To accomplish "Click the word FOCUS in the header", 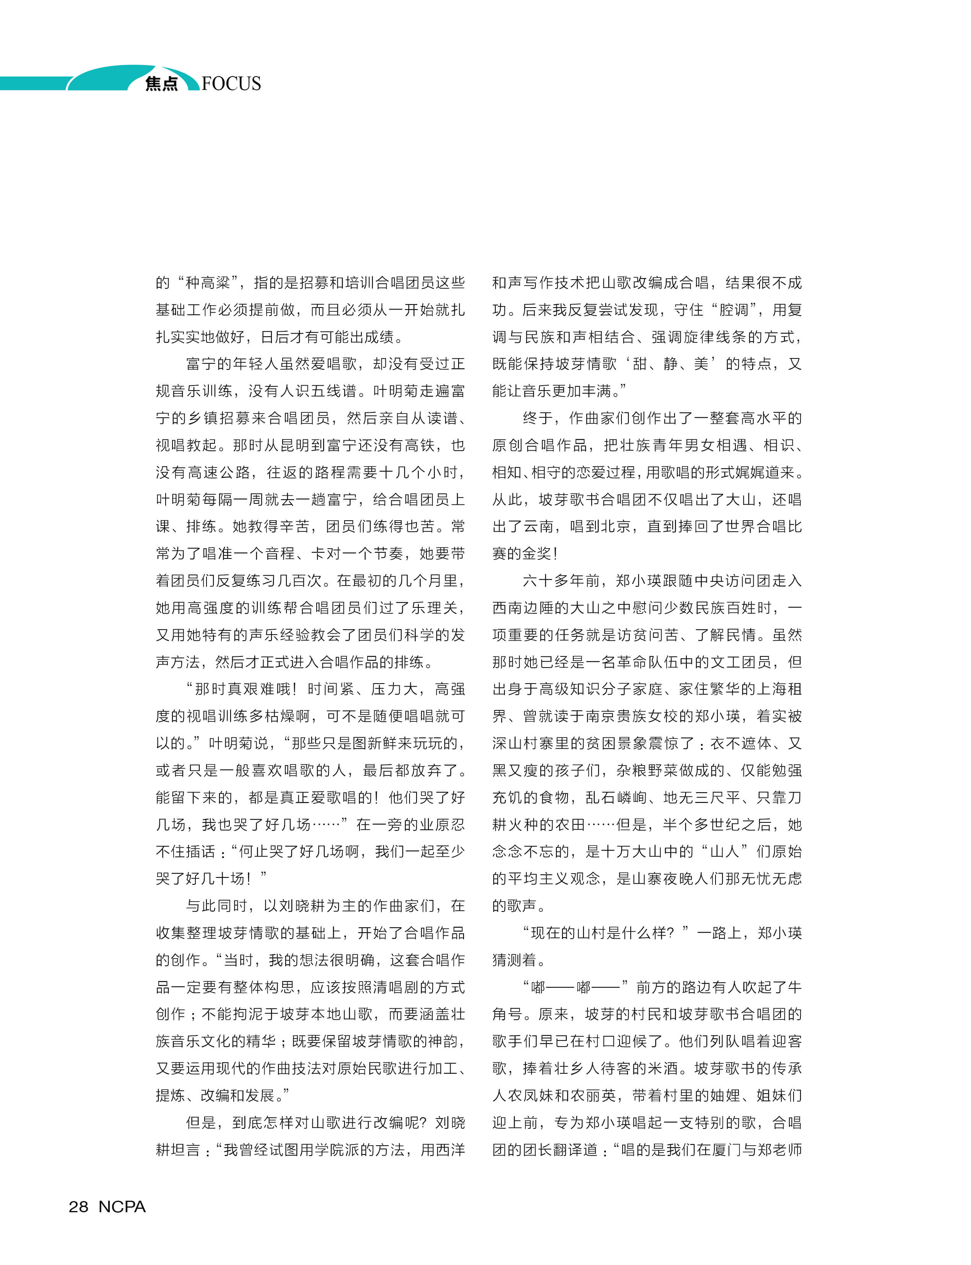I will pos(231,83).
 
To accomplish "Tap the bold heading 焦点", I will pos(162,84).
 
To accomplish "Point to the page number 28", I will pos(79,1206).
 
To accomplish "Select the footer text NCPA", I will pos(122,1206).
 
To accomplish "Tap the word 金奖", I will pos(536,554).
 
